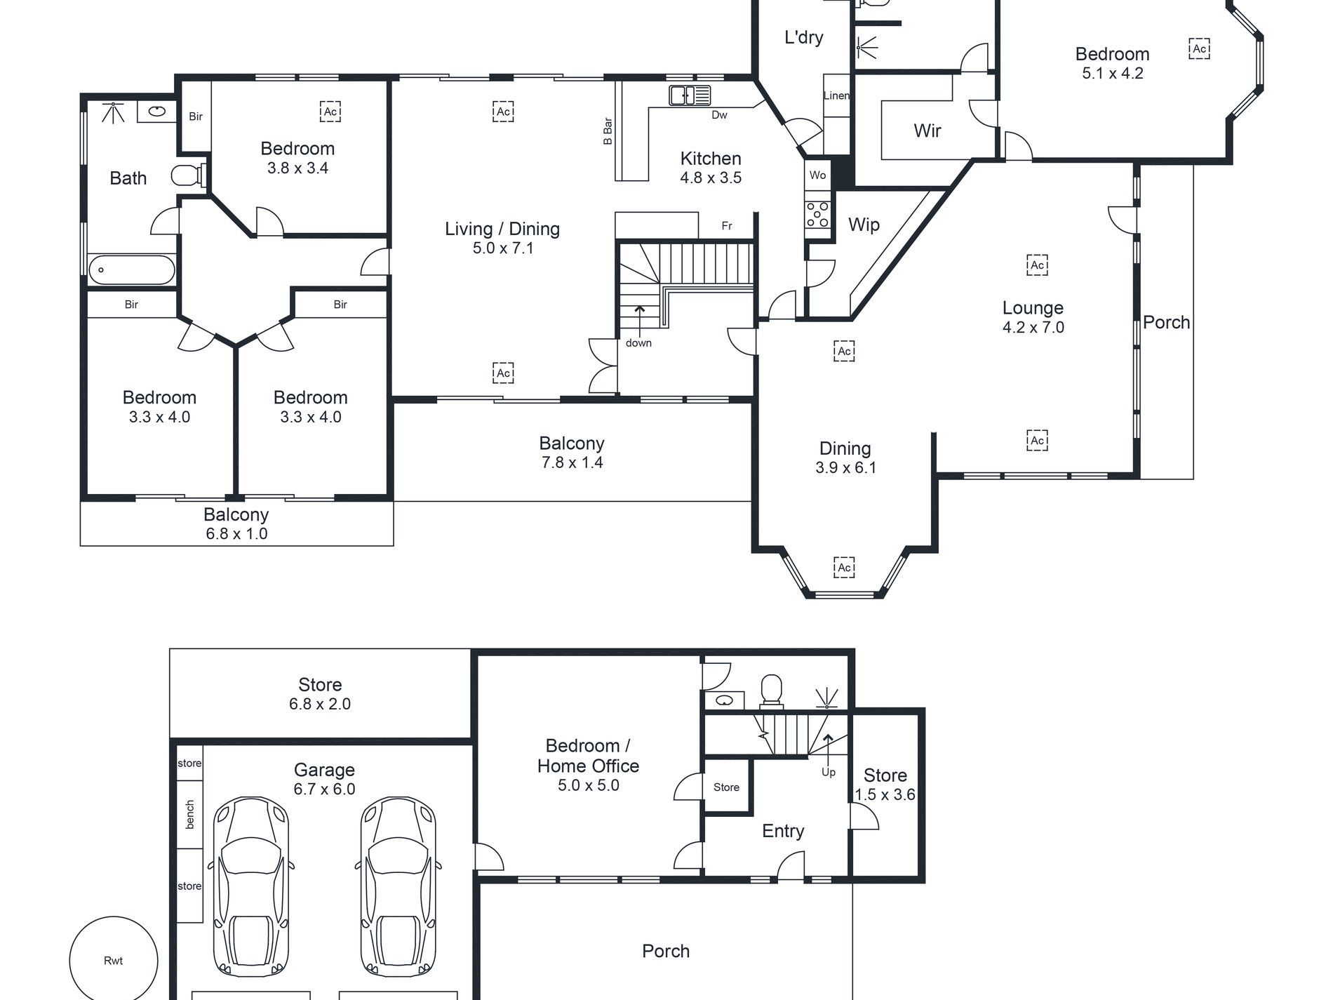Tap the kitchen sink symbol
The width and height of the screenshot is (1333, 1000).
pos(690,95)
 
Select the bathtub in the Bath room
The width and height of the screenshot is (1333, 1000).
pos(131,269)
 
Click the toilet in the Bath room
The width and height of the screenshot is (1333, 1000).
pos(188,175)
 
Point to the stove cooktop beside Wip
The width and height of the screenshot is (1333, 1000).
pos(818,214)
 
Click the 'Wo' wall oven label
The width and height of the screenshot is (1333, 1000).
pos(817,175)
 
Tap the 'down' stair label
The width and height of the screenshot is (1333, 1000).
pos(638,343)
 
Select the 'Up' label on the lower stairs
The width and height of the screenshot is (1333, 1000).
pos(829,772)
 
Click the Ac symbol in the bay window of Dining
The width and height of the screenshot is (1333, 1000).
pos(845,567)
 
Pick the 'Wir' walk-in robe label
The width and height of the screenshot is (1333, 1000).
pos(927,131)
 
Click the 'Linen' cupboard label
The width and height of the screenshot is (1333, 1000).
pos(836,95)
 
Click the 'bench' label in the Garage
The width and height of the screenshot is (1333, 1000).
pos(190,815)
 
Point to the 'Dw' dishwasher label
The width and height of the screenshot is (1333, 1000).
pos(719,115)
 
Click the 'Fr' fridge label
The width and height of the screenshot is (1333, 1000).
pos(727,226)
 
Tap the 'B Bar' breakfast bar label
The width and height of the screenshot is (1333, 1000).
pos(608,131)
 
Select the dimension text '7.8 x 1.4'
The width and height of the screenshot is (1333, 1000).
pos(572,462)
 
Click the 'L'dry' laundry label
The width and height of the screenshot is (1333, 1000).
pos(803,37)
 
